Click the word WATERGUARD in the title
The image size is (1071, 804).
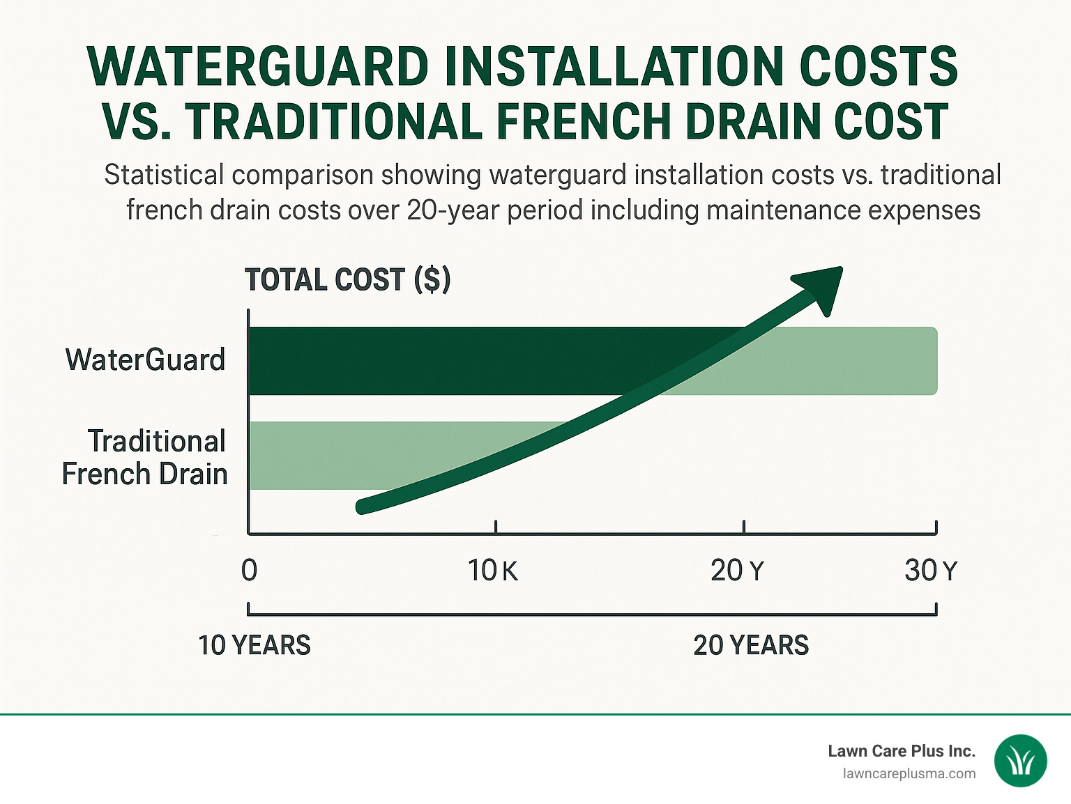(258, 67)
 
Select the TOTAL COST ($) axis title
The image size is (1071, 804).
(348, 280)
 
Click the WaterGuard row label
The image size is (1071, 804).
(145, 360)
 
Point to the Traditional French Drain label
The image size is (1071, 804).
(145, 458)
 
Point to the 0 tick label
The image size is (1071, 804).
(249, 571)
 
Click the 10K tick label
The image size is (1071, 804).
(492, 571)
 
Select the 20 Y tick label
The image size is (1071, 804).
(737, 571)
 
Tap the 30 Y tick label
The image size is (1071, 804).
(931, 571)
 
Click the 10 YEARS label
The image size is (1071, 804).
(255, 645)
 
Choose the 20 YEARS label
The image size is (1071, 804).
(751, 645)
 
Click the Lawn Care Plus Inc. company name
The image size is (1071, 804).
(901, 751)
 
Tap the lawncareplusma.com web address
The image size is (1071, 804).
(909, 773)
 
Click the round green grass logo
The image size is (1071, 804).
(1021, 761)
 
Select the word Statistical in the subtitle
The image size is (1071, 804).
(164, 175)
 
